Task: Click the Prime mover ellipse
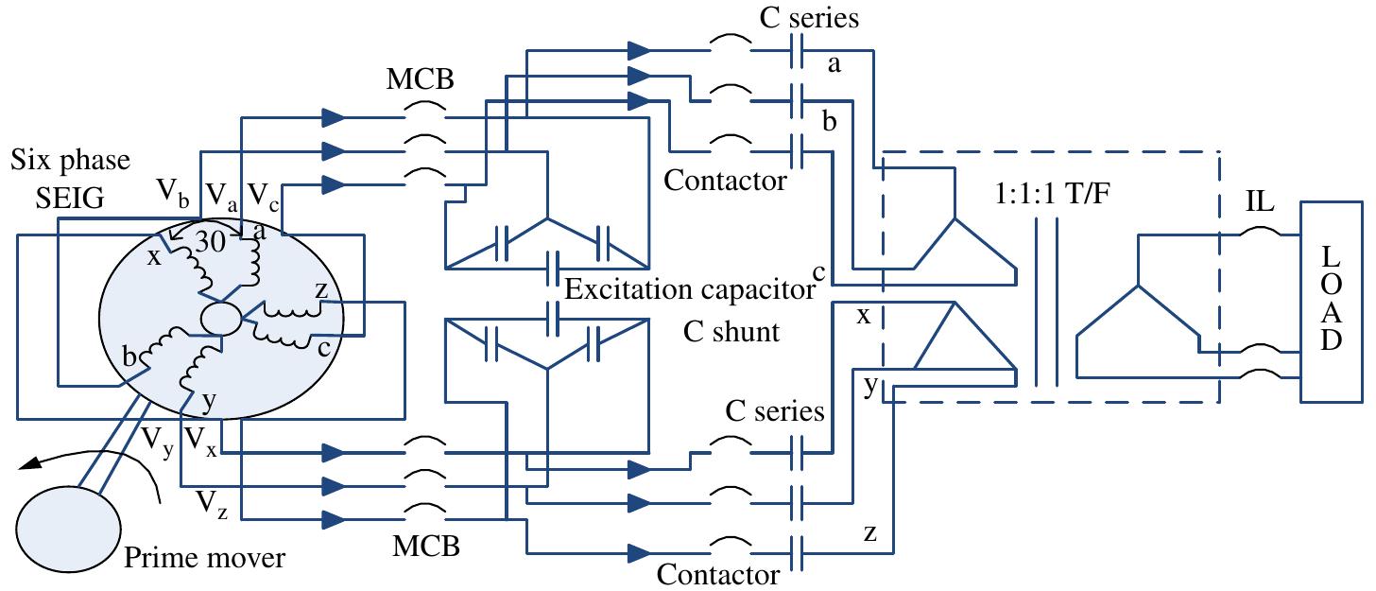tap(68, 526)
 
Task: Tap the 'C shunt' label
tap(732, 332)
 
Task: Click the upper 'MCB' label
tap(420, 79)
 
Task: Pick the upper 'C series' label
tap(809, 18)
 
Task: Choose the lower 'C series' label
tap(775, 412)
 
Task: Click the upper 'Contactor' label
tap(725, 180)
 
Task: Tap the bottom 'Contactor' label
tap(718, 574)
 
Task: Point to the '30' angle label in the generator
tap(214, 240)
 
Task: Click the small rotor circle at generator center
tap(221, 319)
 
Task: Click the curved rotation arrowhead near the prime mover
tap(32, 462)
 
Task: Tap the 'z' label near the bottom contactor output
tap(869, 533)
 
